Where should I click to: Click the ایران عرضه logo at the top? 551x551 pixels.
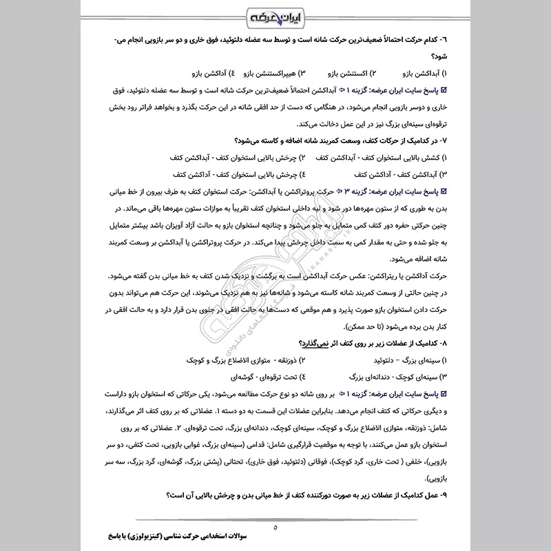coord(275,15)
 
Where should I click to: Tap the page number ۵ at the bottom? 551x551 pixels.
coord(275,528)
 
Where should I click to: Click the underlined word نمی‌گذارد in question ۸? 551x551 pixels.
coord(313,343)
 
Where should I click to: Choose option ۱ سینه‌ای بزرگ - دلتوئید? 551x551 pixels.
coord(412,360)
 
